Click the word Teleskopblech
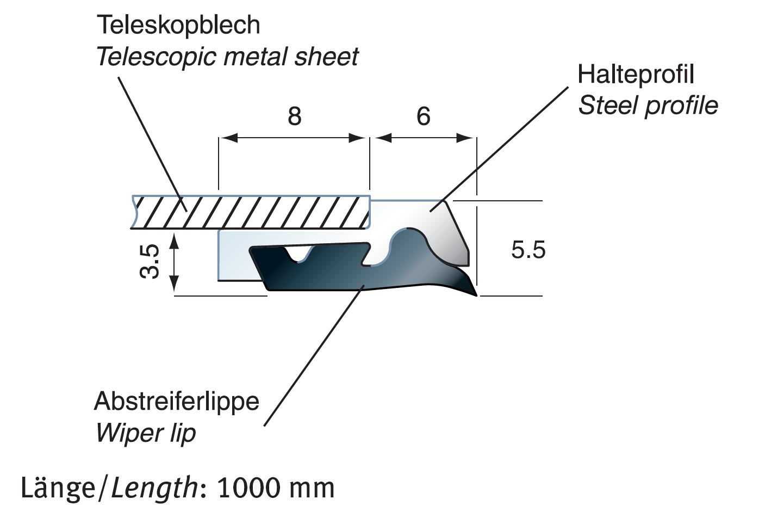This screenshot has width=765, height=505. [x=178, y=25]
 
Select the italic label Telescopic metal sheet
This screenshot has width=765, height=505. [x=227, y=57]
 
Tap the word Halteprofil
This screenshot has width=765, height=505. [x=636, y=74]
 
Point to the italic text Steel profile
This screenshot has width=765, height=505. [x=648, y=106]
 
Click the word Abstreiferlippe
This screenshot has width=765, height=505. [x=177, y=402]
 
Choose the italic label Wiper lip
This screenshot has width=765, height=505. [x=146, y=433]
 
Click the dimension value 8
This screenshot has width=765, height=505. [x=294, y=116]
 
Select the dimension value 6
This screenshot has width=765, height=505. [x=423, y=116]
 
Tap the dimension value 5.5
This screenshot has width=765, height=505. [x=528, y=250]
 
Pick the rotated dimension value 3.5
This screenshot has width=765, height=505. [x=150, y=262]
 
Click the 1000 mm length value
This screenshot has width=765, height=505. [x=275, y=488]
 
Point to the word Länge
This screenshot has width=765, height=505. [x=58, y=488]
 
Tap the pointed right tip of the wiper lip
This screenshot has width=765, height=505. [x=475, y=294]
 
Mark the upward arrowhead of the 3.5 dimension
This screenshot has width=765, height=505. [x=174, y=239]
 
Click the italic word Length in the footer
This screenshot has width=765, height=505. [x=154, y=488]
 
